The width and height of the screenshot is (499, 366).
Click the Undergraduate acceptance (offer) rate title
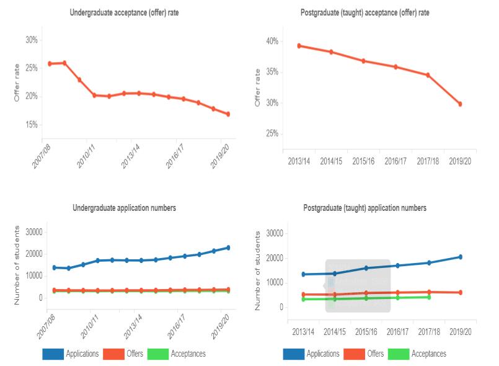(x=124, y=12)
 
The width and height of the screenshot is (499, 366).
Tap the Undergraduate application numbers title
(x=124, y=208)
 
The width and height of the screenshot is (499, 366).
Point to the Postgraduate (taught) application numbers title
(x=364, y=208)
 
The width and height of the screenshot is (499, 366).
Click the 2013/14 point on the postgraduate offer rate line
(x=299, y=45)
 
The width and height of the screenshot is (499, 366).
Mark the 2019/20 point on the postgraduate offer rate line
(x=460, y=104)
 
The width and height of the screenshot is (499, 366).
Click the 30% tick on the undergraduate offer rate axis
(x=31, y=40)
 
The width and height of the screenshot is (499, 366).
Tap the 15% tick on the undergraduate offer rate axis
(x=31, y=125)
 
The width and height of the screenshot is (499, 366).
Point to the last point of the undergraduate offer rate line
(x=228, y=114)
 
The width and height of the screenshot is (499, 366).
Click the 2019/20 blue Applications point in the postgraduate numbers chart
(x=460, y=257)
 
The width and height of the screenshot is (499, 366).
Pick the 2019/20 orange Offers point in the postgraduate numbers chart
(x=460, y=292)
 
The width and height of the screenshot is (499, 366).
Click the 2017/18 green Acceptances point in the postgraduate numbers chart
(x=428, y=297)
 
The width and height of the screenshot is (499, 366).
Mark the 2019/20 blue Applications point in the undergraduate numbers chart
(x=228, y=248)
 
